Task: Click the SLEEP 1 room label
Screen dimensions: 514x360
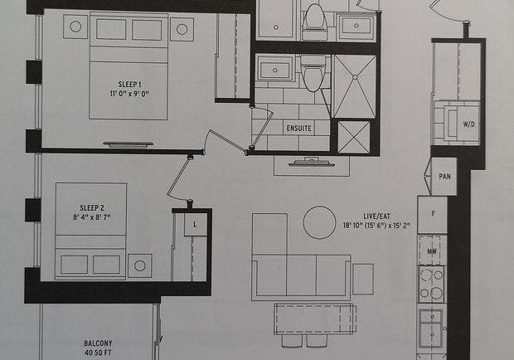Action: click(129, 85)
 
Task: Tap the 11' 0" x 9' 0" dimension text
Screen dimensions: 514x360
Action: click(129, 94)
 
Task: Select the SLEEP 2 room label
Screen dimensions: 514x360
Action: click(92, 208)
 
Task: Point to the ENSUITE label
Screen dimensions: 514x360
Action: click(298, 129)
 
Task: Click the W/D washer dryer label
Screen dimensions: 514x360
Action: click(468, 124)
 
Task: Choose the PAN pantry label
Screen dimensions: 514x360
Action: click(444, 177)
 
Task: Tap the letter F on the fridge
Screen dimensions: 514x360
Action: click(434, 213)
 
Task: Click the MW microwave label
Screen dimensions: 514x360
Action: click(432, 251)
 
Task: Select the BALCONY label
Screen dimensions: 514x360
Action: click(98, 343)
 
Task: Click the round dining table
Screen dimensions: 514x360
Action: click(319, 222)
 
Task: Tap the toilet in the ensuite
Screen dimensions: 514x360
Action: click(313, 74)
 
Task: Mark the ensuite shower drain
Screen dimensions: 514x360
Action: click(355, 77)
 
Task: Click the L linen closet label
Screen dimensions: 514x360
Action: click(195, 225)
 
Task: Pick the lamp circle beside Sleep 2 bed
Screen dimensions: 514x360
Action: click(140, 265)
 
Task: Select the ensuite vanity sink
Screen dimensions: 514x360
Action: click(275, 69)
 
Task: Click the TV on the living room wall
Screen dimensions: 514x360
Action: click(312, 163)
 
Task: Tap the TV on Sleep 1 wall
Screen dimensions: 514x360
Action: click(128, 144)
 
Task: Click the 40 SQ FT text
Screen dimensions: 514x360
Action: click(98, 353)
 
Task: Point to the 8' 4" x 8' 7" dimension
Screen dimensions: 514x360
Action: click(92, 217)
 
